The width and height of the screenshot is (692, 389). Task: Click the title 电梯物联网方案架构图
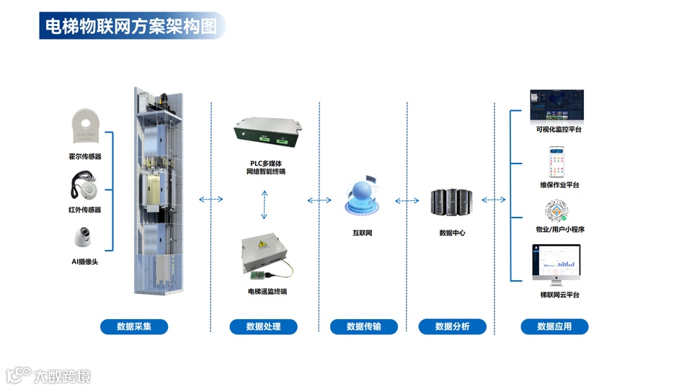tap(130, 26)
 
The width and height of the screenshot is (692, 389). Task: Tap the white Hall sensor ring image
tap(85, 127)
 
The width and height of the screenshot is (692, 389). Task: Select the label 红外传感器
tap(85, 210)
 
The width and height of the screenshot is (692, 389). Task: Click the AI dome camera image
tap(84, 238)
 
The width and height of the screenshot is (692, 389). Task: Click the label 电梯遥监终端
tap(267, 292)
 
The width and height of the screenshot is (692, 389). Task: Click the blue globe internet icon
tap(362, 199)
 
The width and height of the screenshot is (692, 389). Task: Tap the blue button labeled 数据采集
tap(134, 326)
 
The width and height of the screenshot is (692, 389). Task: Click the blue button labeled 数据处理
tap(263, 326)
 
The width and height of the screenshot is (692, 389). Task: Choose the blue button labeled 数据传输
tap(364, 326)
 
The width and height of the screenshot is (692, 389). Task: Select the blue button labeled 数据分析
tap(452, 326)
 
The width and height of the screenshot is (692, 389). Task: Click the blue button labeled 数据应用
tap(554, 326)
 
